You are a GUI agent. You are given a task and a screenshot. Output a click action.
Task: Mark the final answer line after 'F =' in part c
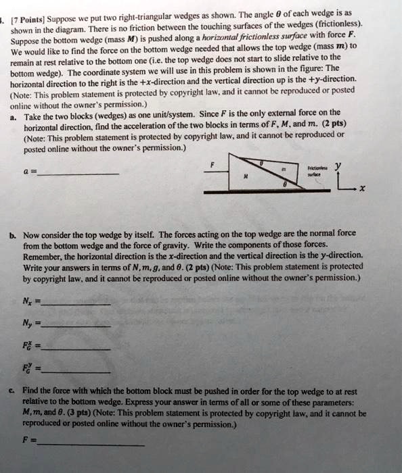tap(91, 444)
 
